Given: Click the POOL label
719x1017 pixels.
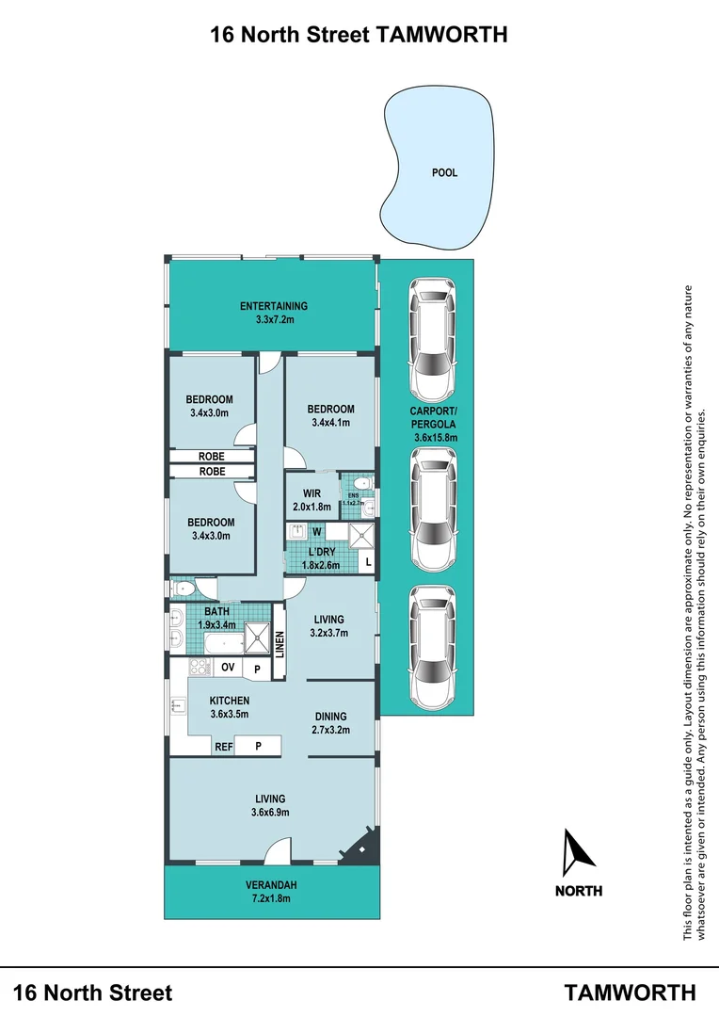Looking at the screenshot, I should pyautogui.click(x=444, y=173).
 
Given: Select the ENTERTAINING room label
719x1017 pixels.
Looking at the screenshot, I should pyautogui.click(x=273, y=306).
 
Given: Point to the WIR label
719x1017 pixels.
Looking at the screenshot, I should pyautogui.click(x=312, y=493).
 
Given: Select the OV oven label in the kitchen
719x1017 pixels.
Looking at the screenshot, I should pyautogui.click(x=227, y=667).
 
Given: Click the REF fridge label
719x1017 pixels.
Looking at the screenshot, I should pyautogui.click(x=223, y=747).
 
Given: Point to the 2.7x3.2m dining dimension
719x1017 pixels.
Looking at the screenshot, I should pyautogui.click(x=329, y=729).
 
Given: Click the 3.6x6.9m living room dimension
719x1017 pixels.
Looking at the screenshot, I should pyautogui.click(x=270, y=813).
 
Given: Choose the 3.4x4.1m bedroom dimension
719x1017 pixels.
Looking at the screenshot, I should pyautogui.click(x=329, y=423).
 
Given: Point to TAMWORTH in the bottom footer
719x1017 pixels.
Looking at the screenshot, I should pyautogui.click(x=631, y=993).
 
